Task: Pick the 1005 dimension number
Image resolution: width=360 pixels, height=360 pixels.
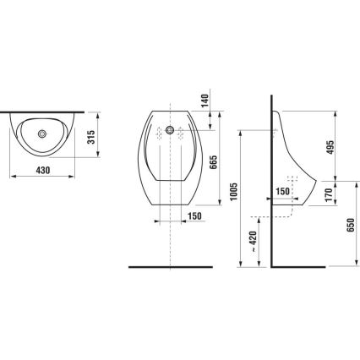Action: coord(233,199)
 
